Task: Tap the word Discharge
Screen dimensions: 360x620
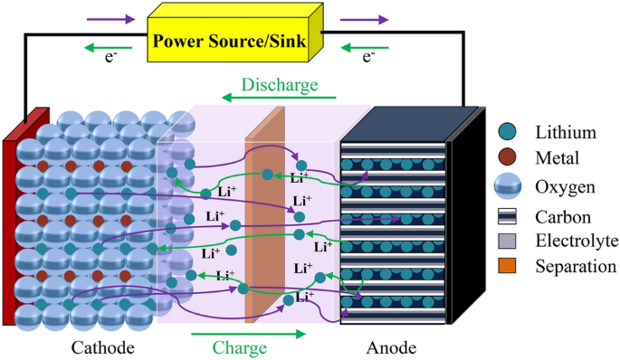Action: tap(280, 85)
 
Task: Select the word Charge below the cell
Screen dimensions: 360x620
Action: tap(239, 347)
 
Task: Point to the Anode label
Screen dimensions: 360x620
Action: tap(391, 347)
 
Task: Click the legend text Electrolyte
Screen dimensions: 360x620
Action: tap(575, 241)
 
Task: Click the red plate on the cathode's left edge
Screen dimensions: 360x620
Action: tap(11, 226)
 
